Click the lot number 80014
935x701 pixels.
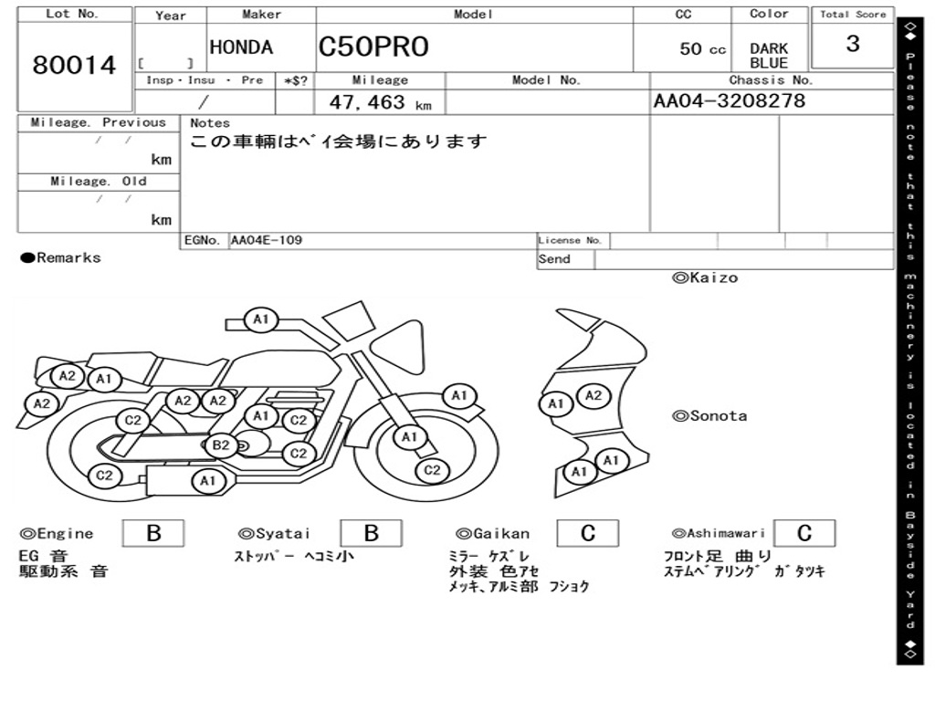[75, 66]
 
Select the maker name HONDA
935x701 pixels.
[241, 47]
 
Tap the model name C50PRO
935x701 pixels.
[373, 47]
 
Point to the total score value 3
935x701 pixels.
[852, 44]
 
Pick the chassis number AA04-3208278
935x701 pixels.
[730, 100]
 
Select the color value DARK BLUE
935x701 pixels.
[769, 56]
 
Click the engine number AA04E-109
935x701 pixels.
[267, 240]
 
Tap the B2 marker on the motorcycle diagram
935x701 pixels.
[221, 445]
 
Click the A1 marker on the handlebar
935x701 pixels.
[261, 319]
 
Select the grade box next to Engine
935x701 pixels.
[153, 533]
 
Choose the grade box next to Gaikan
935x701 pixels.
[588, 533]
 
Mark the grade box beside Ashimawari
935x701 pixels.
[804, 533]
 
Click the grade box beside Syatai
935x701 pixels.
[372, 533]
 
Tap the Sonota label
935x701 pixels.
[710, 416]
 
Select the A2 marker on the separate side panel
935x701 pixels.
[594, 395]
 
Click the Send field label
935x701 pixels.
[554, 259]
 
